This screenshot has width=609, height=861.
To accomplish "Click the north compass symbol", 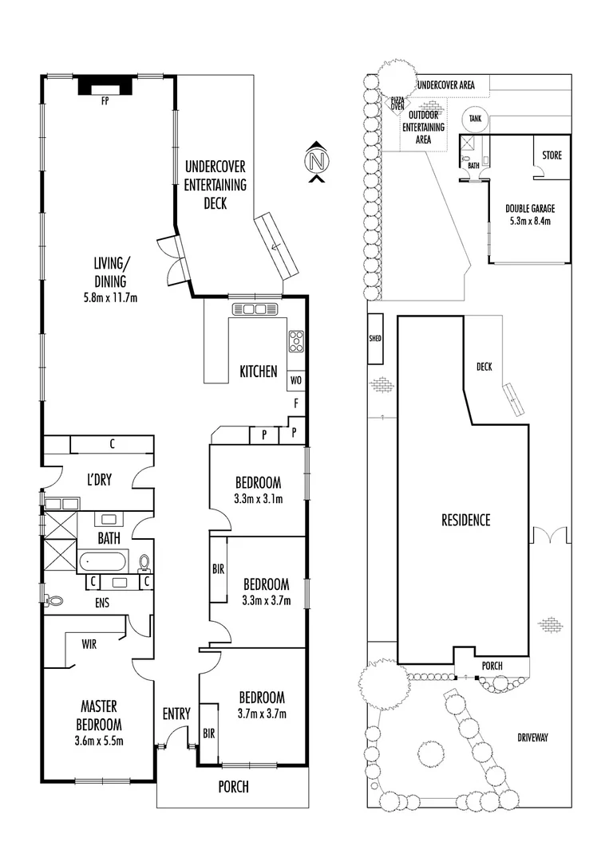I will point(317,161).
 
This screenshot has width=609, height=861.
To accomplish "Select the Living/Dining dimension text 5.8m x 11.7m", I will point(110,299).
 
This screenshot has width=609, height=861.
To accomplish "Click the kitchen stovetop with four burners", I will point(296,340).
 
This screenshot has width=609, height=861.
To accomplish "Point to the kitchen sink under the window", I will point(254,309).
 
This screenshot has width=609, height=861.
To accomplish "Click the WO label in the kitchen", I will point(295,380).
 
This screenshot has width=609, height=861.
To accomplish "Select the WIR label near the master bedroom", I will point(89,644).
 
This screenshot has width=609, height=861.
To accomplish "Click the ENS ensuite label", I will point(101,603).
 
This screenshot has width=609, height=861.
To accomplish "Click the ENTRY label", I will point(176,714).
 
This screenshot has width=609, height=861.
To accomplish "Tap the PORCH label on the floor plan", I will point(234,787).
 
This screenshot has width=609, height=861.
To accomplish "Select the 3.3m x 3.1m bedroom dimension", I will point(258,500).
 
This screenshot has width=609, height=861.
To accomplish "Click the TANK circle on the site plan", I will point(476,119).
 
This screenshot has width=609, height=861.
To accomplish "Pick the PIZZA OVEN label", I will point(397,104).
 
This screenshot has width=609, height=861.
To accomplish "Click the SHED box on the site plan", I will point(375,338).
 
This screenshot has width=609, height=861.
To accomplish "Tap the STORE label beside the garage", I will point(552,155).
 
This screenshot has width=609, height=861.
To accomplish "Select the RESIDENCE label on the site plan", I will point(466,520).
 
